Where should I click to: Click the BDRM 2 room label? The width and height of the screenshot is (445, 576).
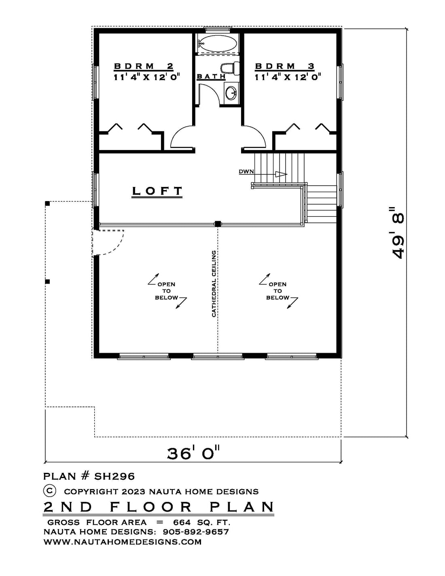pyautogui.click(x=144, y=66)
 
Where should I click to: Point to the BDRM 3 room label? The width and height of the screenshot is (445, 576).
pyautogui.click(x=285, y=66)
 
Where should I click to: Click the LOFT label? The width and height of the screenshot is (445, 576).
pyautogui.click(x=157, y=191)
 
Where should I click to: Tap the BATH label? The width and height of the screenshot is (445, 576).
pyautogui.click(x=211, y=76)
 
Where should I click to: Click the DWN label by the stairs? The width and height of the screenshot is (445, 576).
pyautogui.click(x=246, y=172)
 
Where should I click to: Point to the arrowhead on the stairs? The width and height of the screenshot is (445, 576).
pyautogui.click(x=281, y=174)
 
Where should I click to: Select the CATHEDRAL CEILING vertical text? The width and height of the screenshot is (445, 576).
pyautogui.click(x=214, y=284)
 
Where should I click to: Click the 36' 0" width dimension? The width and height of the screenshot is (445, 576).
pyautogui.click(x=193, y=453)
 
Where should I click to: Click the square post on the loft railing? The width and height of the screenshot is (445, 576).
pyautogui.click(x=218, y=224)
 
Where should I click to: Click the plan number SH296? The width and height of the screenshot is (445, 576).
pyautogui.click(x=114, y=476)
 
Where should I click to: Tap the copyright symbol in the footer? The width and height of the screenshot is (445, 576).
pyautogui.click(x=50, y=491)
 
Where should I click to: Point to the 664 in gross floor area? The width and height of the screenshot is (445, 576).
pyautogui.click(x=182, y=523)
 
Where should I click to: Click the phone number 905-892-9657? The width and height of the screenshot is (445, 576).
pyautogui.click(x=196, y=532)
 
